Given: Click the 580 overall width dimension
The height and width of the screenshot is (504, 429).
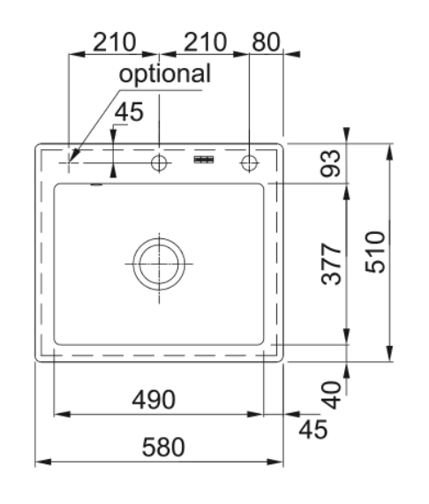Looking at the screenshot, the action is point(163,447).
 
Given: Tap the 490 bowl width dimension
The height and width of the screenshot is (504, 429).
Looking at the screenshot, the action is point(154,400).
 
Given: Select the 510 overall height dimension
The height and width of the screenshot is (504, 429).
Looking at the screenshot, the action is point(375,252).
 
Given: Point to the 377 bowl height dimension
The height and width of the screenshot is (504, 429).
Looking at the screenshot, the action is point(331,264).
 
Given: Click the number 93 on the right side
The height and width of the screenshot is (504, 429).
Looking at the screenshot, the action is point(331,163).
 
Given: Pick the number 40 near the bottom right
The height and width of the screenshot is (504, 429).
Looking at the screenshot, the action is point(331,395).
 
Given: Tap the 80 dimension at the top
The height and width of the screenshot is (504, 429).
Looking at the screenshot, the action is point(266,41).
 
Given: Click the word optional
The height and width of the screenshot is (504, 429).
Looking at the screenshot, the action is point(165,74).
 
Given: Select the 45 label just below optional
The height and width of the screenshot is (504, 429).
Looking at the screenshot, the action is point(129,112).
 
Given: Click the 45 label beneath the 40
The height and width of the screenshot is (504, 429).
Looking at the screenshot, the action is point(313,429).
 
